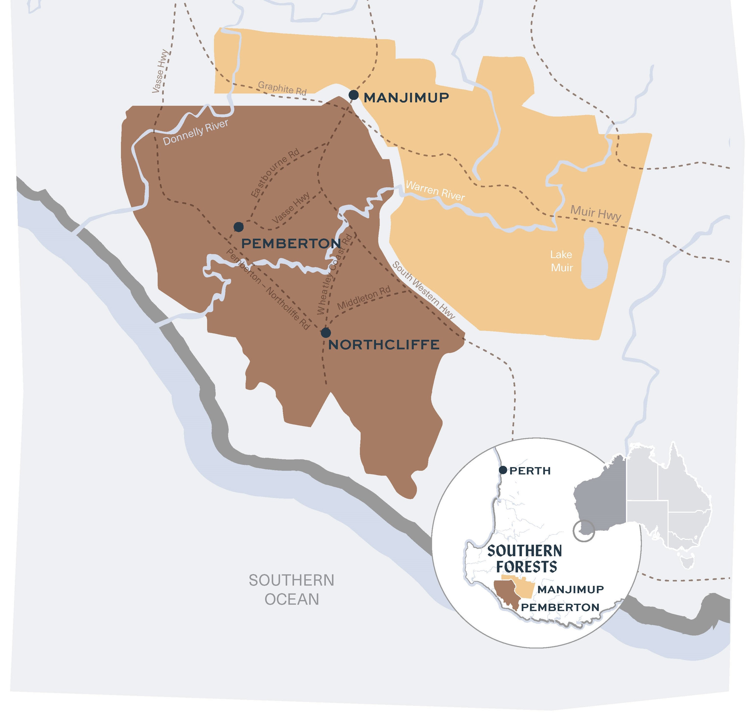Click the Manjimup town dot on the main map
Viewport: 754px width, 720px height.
(x=353, y=95)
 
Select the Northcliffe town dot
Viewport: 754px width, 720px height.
(x=326, y=332)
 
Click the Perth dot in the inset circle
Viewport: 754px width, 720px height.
(x=503, y=470)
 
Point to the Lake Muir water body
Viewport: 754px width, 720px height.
(x=594, y=258)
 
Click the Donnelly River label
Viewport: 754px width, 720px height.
(x=196, y=132)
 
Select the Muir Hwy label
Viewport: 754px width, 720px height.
(x=596, y=213)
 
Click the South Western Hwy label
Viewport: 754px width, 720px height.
(x=423, y=291)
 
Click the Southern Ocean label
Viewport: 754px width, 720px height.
(x=291, y=590)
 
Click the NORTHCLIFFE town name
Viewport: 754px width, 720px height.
(x=384, y=345)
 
